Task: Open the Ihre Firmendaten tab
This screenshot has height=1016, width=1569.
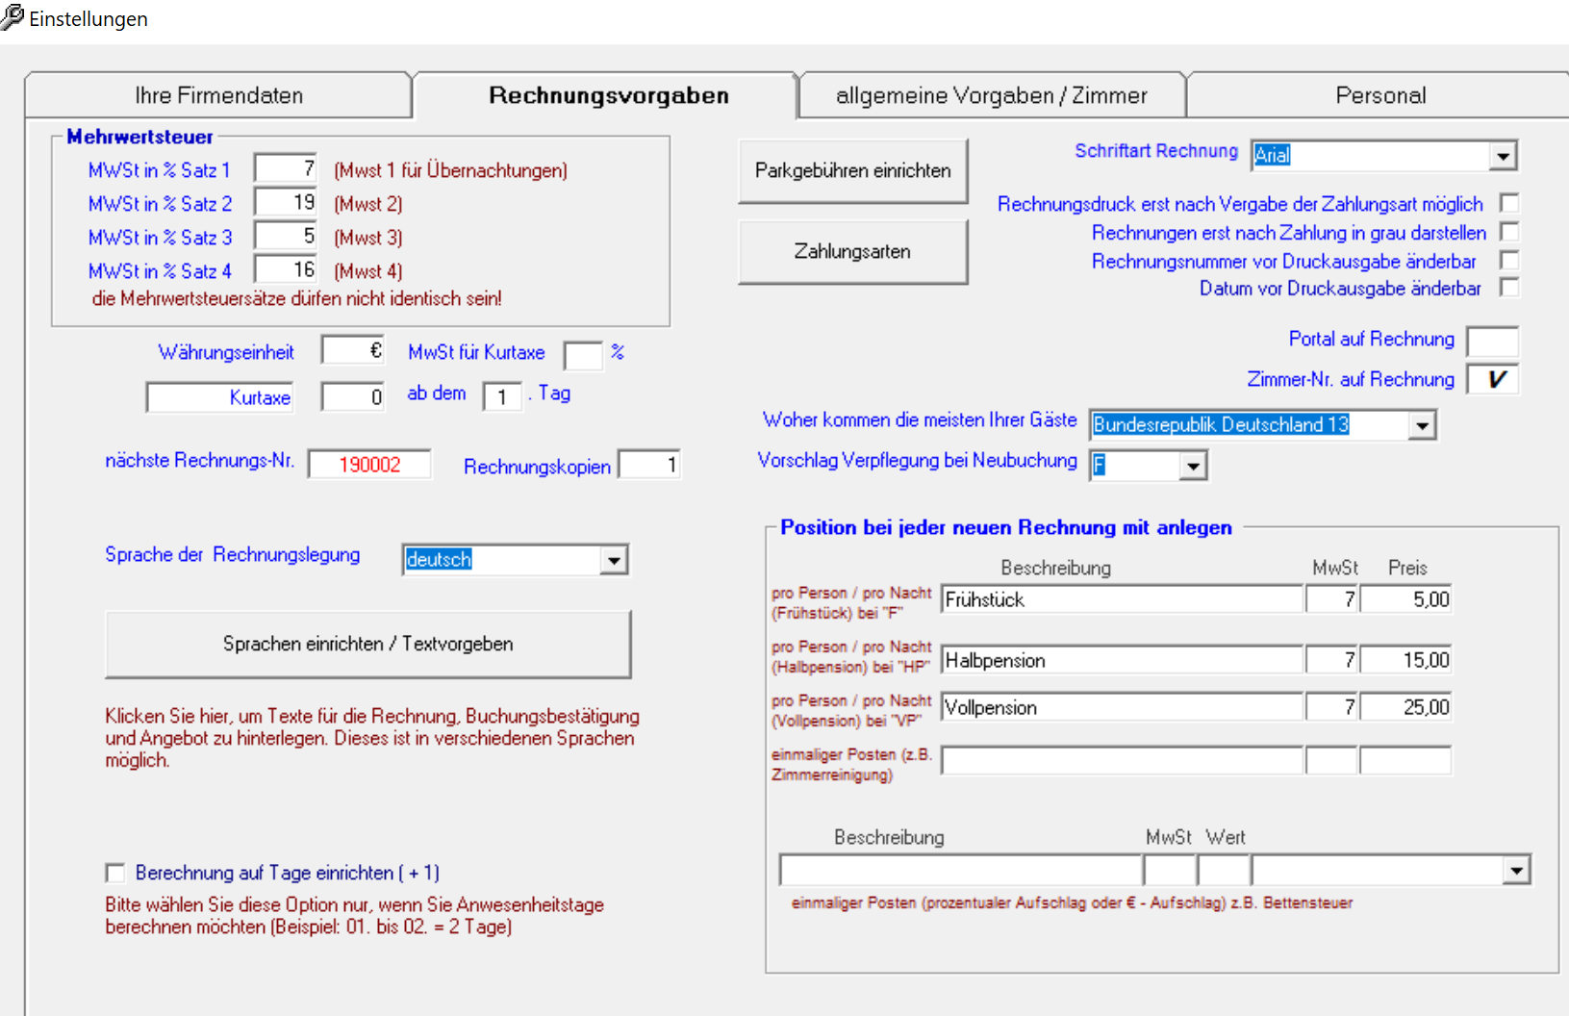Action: point(218,95)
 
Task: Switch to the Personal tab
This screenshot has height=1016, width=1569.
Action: point(1379,95)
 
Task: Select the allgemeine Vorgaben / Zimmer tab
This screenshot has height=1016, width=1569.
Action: point(991,95)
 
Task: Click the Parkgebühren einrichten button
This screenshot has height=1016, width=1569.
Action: point(852,170)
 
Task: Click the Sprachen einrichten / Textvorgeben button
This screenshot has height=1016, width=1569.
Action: point(367,644)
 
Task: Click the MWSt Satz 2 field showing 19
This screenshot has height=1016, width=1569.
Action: point(287,203)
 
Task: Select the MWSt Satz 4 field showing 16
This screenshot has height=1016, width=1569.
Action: point(287,270)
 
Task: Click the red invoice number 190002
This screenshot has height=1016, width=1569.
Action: point(369,465)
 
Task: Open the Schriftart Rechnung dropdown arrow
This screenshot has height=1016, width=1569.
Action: point(1503,156)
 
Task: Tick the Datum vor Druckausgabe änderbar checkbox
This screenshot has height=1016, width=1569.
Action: point(1509,288)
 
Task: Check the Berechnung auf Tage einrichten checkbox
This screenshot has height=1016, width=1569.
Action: point(115,873)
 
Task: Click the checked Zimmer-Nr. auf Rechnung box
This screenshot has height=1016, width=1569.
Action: point(1493,379)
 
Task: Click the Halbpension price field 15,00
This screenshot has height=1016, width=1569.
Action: point(1405,660)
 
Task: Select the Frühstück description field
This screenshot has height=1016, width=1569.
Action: point(1121,599)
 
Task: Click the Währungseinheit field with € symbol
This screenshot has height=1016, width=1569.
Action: point(353,351)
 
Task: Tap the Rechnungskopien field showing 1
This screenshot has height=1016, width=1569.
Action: point(649,466)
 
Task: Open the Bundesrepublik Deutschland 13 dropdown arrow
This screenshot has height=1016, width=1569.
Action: point(1422,425)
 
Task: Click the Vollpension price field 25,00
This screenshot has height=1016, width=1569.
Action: point(1405,707)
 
